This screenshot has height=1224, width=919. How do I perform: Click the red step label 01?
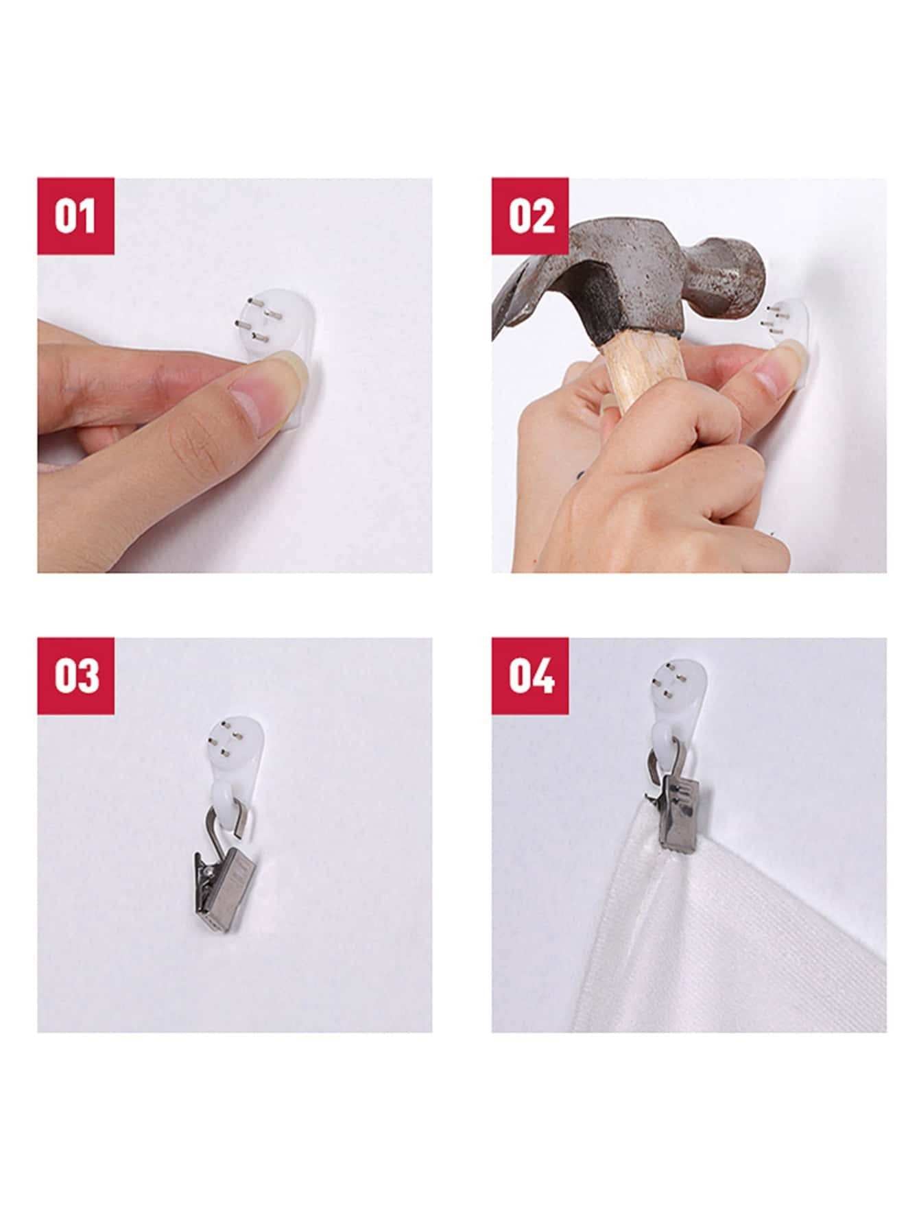pyautogui.click(x=75, y=216)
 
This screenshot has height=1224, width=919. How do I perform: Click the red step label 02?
pyautogui.click(x=530, y=216)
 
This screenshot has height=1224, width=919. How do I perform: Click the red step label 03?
pyautogui.click(x=75, y=676)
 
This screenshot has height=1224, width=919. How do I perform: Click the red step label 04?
pyautogui.click(x=530, y=676)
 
